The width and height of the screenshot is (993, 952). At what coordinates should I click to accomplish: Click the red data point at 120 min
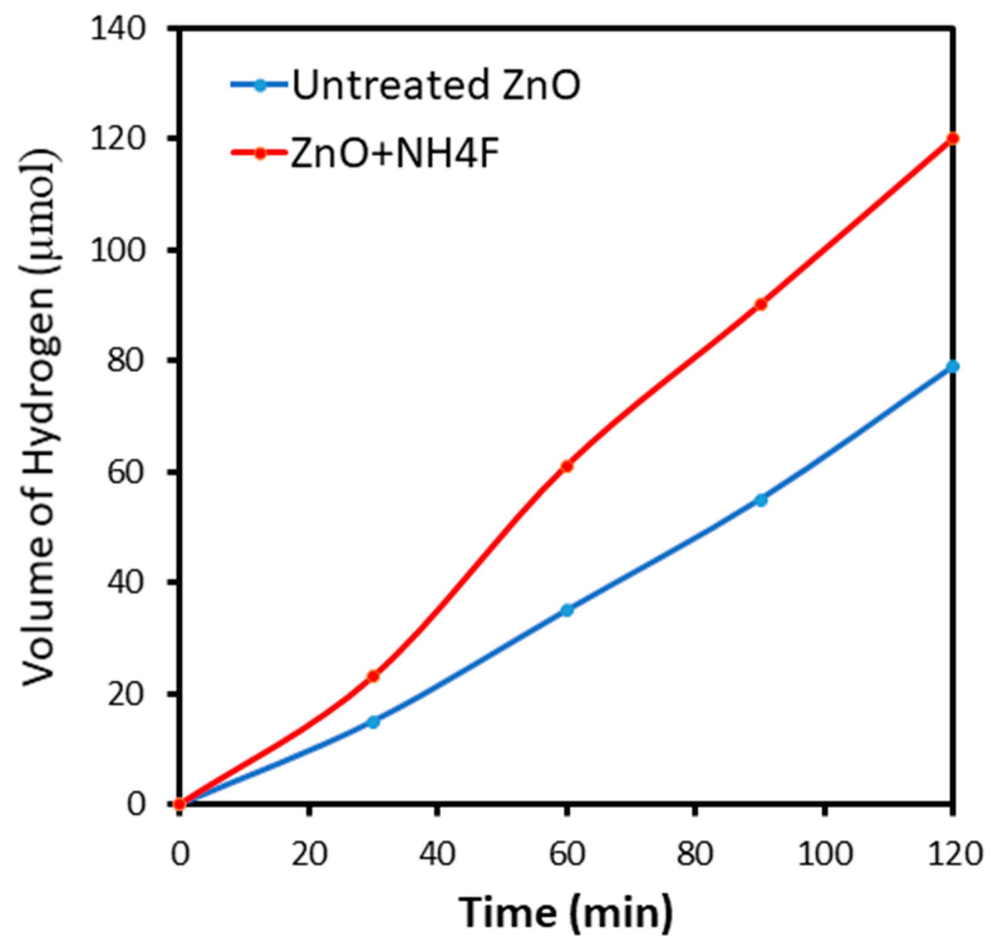pyautogui.click(x=952, y=139)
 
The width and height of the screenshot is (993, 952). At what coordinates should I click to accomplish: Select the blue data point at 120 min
pyautogui.click(x=952, y=366)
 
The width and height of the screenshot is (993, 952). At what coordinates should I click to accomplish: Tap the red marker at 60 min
pyautogui.click(x=567, y=466)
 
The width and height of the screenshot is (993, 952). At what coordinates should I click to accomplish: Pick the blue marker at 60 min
pyautogui.click(x=567, y=610)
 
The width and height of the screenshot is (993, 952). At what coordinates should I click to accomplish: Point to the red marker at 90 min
pyautogui.click(x=761, y=304)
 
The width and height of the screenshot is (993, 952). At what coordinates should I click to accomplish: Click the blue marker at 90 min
pyautogui.click(x=761, y=500)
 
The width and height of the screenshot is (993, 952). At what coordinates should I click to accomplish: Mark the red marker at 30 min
pyautogui.click(x=373, y=677)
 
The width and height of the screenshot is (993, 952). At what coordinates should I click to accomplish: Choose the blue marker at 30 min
pyautogui.click(x=373, y=722)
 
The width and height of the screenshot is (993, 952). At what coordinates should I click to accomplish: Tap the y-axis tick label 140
pyautogui.click(x=119, y=29)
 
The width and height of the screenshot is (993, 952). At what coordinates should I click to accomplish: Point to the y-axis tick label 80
pyautogui.click(x=126, y=361)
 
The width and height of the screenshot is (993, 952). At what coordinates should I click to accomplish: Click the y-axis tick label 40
pyautogui.click(x=126, y=582)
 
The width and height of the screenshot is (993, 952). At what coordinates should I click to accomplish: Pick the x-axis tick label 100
pyautogui.click(x=825, y=854)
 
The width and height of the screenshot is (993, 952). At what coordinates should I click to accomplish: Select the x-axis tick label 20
pyautogui.click(x=309, y=854)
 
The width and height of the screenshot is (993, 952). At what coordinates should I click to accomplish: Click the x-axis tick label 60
pyautogui.click(x=567, y=854)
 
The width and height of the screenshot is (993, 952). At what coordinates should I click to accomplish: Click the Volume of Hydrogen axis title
pyautogui.click(x=39, y=417)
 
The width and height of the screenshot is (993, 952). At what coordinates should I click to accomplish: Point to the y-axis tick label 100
pyautogui.click(x=119, y=250)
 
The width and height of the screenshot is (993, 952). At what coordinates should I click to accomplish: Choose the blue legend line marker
pyautogui.click(x=260, y=85)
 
